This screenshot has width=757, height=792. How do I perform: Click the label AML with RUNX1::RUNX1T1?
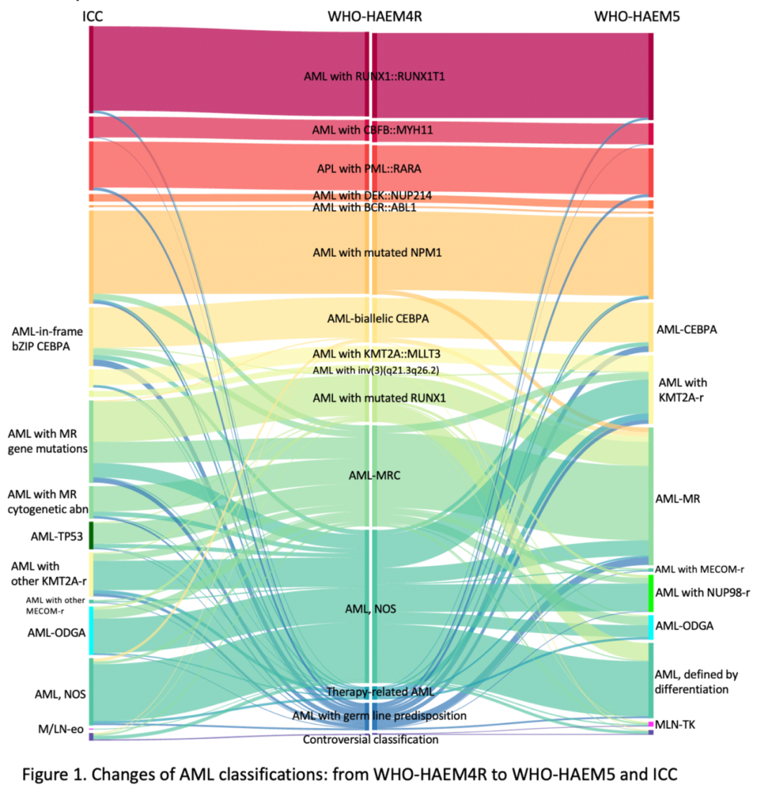click(x=374, y=76)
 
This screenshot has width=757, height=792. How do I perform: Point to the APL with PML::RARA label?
click(x=369, y=169)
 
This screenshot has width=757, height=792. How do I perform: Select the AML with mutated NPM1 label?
click(x=377, y=252)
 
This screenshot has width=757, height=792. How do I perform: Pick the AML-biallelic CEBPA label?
click(x=378, y=319)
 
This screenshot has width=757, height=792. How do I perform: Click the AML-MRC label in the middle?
click(x=374, y=475)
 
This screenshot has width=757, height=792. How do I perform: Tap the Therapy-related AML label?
click(x=381, y=692)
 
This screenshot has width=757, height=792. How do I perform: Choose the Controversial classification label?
click(x=371, y=739)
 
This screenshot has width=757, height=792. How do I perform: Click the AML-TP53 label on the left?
click(x=57, y=537)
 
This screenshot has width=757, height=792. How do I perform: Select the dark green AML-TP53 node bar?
click(x=91, y=536)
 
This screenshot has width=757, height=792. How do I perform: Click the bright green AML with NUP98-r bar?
click(x=651, y=593)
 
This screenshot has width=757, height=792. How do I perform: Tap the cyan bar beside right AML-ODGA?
click(x=651, y=626)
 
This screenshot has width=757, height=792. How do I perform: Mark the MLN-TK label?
click(x=675, y=724)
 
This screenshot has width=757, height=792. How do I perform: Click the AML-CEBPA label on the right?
click(x=686, y=329)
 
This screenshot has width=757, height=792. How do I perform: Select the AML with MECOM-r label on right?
click(x=700, y=569)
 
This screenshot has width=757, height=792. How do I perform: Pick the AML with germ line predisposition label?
click(x=379, y=716)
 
